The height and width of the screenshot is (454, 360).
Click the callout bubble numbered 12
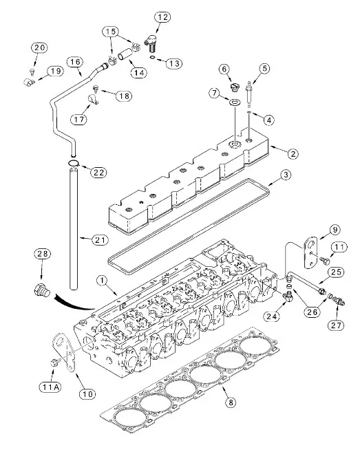[162, 17]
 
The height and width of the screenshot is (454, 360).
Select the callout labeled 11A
[50, 387]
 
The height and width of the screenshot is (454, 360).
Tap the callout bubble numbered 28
[43, 254]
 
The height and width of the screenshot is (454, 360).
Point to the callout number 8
[231, 402]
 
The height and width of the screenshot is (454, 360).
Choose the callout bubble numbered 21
[100, 240]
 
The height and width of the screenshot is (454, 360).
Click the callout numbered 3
[286, 175]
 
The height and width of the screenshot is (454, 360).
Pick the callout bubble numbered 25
[336, 272]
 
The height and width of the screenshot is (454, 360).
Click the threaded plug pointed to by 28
[42, 290]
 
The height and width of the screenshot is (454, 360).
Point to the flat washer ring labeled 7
[235, 102]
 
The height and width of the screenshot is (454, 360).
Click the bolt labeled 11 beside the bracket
[324, 261]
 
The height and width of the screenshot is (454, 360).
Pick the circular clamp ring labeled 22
[73, 164]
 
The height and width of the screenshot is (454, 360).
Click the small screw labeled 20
[32, 72]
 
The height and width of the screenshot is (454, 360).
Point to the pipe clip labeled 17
[93, 99]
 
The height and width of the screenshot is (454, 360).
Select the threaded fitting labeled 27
[339, 301]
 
